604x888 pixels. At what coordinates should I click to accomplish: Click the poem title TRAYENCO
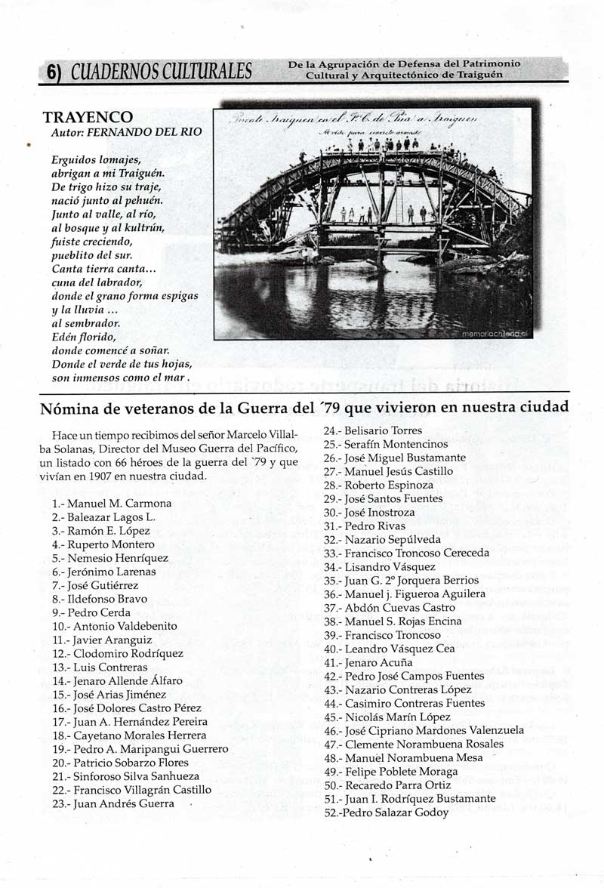pyautogui.click(x=88, y=118)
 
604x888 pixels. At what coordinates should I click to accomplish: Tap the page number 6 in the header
pyautogui.click(x=52, y=72)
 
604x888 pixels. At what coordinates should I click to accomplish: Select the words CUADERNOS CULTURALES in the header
pyautogui.click(x=162, y=72)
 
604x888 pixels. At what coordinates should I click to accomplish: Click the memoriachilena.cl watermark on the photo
pyautogui.click(x=495, y=332)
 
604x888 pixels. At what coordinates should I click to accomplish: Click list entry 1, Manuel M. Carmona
pyautogui.click(x=112, y=503)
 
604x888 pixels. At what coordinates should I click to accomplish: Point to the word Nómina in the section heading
pyautogui.click(x=70, y=408)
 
